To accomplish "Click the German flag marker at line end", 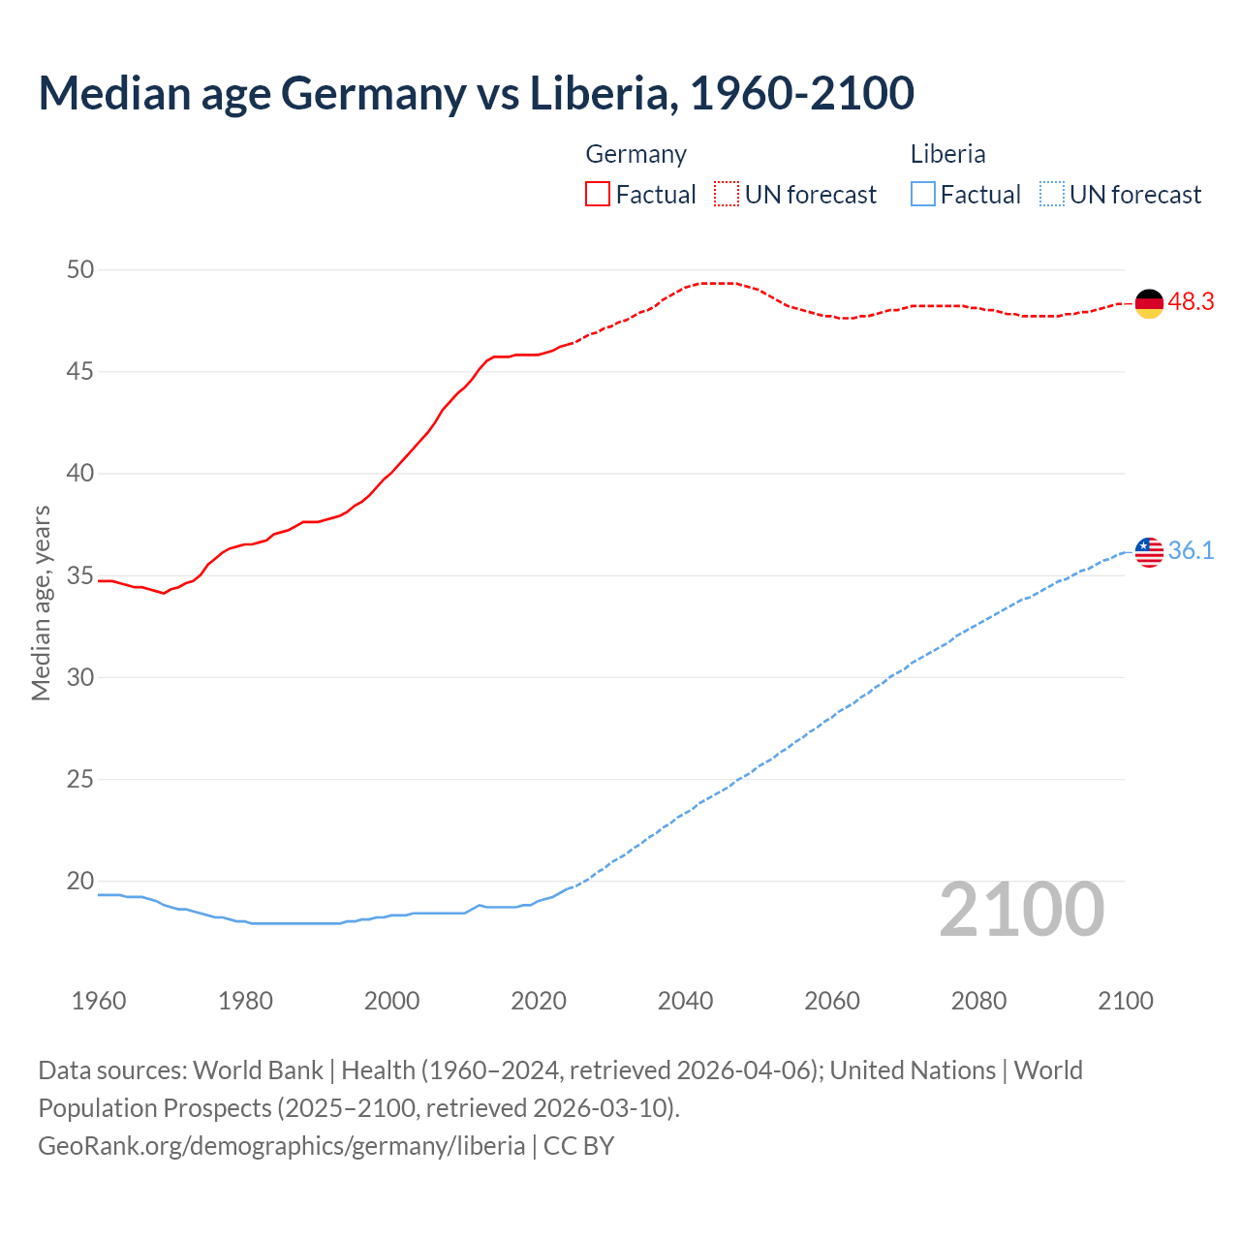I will (1149, 303).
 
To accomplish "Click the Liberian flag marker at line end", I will (1149, 551).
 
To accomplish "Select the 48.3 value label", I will (1191, 302).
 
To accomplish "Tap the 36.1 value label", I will (1191, 551).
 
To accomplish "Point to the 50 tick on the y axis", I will (80, 269).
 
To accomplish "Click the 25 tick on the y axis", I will (80, 779).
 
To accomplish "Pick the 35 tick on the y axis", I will (80, 575).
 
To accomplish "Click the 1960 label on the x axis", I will (99, 1001).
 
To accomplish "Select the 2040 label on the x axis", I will (685, 1001).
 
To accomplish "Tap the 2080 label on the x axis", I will (978, 1001).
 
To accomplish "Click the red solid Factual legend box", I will (598, 194).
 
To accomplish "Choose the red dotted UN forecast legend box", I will (727, 194).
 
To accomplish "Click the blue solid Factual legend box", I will (923, 194).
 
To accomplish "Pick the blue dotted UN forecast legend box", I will (1052, 194).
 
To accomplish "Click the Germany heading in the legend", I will (635, 154).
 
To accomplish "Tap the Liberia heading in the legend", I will (947, 154).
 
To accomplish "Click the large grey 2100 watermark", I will (1021, 910).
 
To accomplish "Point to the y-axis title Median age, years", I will (41, 603).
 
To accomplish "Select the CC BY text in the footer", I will (578, 1146).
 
